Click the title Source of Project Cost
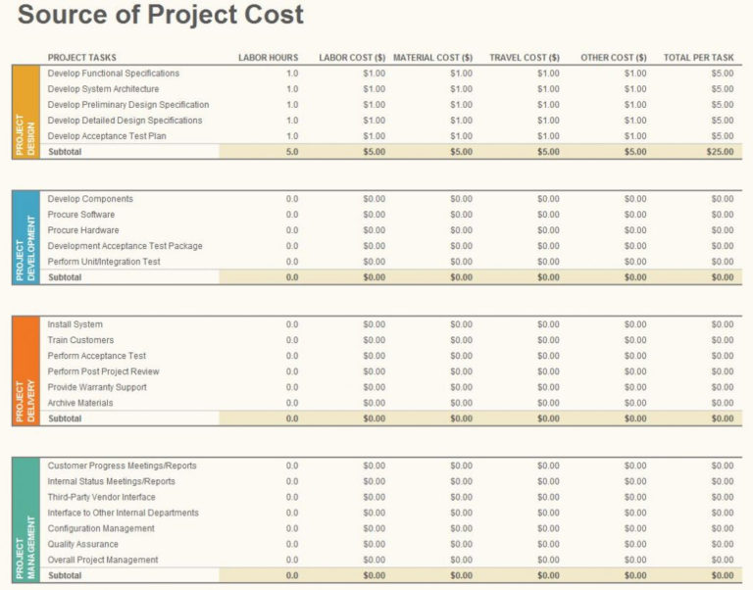coord(161,17)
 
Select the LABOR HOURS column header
coord(268,58)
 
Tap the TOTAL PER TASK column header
coord(698,58)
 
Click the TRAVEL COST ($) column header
coord(525,58)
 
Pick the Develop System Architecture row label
coord(103,89)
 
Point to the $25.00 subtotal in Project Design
coord(720,152)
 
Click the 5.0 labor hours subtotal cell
coord(292,152)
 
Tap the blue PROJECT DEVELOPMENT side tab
coord(25,237)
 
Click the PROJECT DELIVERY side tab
coord(25,370)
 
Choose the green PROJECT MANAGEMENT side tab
coord(25,519)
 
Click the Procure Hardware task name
coord(83,230)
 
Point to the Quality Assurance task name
coord(82,544)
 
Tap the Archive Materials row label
coord(80,403)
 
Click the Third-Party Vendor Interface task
coord(101,497)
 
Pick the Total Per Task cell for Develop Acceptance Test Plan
coord(722,136)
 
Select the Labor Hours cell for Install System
coord(292,324)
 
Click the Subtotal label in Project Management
coord(65,575)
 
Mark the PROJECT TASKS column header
coord(81,58)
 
